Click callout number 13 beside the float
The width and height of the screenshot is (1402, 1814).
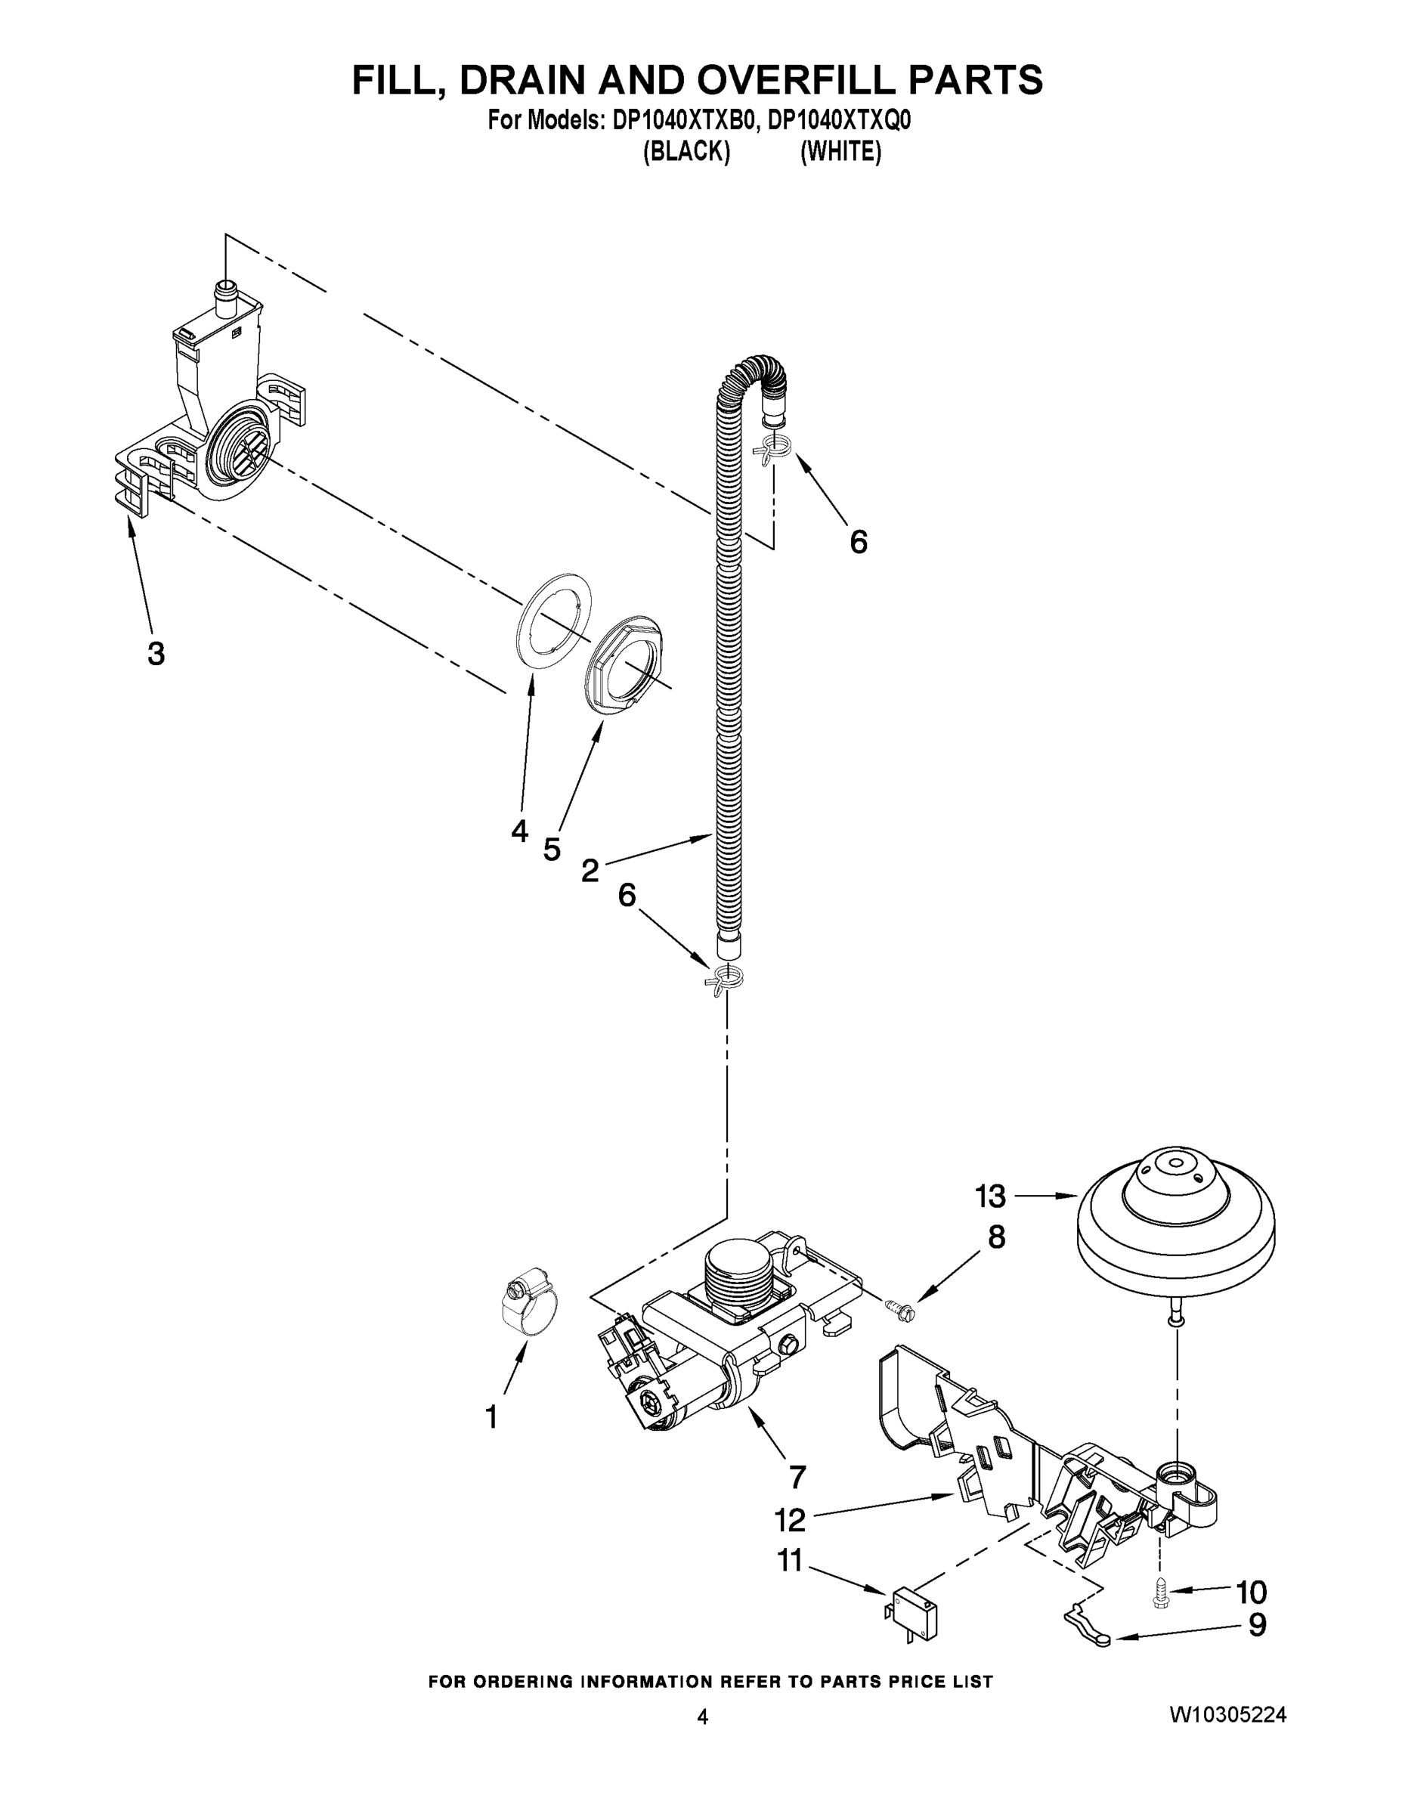coord(990,1197)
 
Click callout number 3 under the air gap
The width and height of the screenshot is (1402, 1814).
coord(156,653)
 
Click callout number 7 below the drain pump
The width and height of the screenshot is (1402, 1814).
coord(797,1478)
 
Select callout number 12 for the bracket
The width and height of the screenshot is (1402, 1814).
coord(790,1520)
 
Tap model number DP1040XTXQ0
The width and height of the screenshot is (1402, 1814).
coord(839,121)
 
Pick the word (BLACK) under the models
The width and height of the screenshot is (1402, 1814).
coord(686,153)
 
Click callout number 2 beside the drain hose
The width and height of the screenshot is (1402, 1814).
coord(590,871)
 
